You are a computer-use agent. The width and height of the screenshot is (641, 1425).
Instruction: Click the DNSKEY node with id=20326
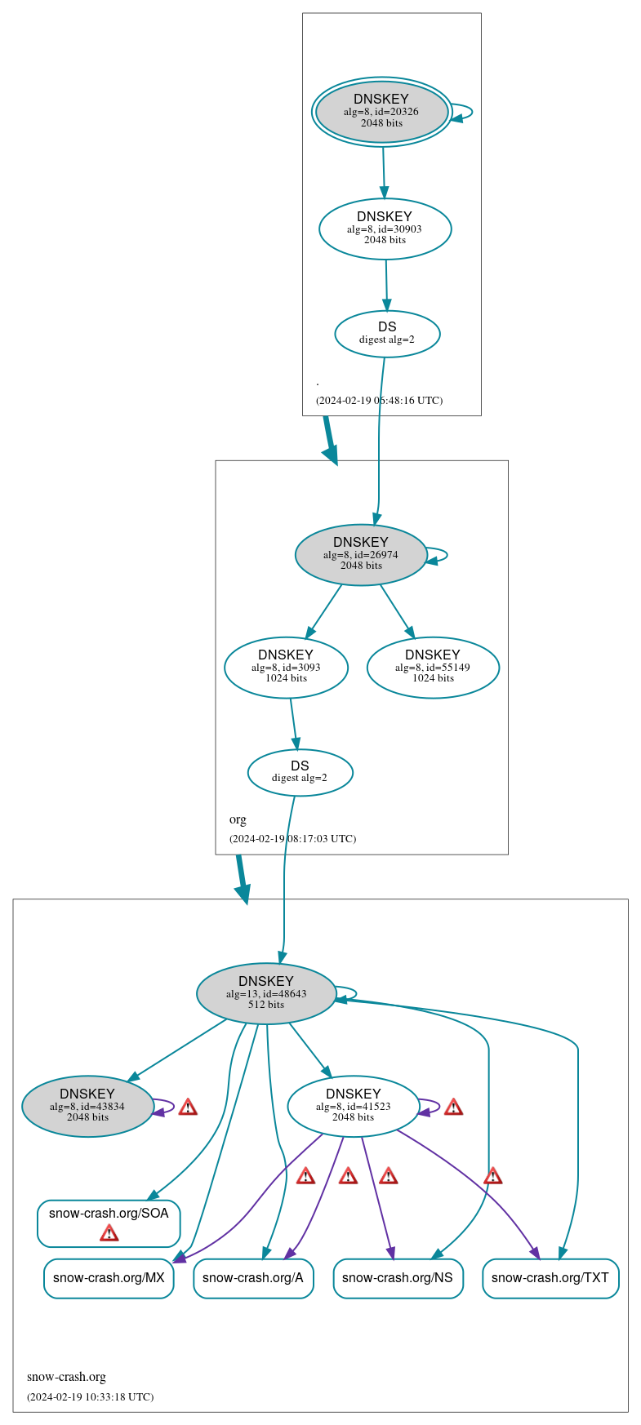(x=381, y=112)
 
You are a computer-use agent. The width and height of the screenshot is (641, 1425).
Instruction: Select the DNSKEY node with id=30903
(x=385, y=229)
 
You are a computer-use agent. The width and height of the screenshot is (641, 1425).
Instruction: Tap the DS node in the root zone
(x=387, y=333)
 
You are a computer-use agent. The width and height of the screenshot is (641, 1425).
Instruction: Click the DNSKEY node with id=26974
(x=361, y=554)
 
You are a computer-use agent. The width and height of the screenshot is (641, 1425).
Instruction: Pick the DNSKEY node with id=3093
(x=286, y=668)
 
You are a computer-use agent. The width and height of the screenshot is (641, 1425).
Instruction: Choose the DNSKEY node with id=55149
(x=433, y=668)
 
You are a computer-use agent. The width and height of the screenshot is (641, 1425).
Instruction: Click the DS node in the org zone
(x=300, y=772)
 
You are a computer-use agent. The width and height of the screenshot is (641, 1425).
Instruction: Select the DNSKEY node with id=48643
(x=266, y=993)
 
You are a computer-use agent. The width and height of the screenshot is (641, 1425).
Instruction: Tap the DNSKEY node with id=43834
(x=87, y=1106)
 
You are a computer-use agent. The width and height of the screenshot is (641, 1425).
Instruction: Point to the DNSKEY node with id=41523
(x=353, y=1106)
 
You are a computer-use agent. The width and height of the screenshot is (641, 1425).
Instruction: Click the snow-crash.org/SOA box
(x=109, y=1214)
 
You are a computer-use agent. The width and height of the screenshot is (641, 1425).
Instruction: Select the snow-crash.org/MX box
(x=109, y=1277)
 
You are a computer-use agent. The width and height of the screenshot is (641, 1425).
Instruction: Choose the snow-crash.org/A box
(x=253, y=1277)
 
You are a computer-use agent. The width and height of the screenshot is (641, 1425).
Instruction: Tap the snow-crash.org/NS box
(x=398, y=1277)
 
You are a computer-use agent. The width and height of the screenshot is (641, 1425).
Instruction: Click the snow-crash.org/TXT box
(x=550, y=1277)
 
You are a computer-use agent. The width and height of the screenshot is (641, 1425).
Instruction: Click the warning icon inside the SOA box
(x=109, y=1232)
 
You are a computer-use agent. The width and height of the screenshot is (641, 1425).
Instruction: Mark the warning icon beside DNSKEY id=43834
(x=188, y=1107)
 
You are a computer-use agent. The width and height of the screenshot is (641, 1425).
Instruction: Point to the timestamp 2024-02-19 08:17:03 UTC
(x=292, y=838)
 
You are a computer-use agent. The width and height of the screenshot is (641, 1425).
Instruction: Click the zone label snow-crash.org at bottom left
(x=66, y=1377)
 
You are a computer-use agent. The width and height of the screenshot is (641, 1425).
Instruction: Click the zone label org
(x=238, y=819)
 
